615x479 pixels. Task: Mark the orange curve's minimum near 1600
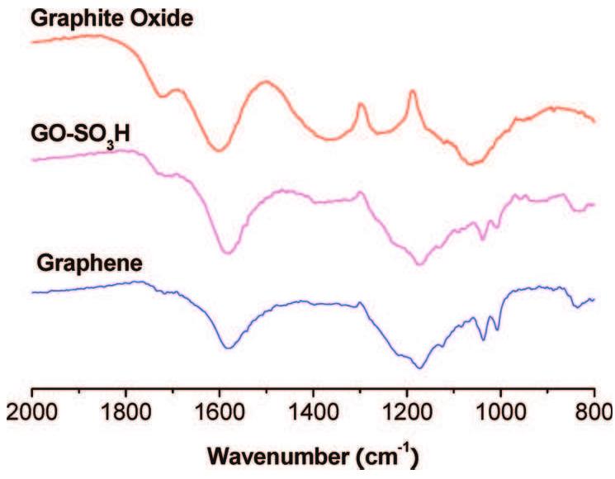219,149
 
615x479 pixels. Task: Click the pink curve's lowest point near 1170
419,263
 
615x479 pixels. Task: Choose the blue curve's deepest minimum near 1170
421,368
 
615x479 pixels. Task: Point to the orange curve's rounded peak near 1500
266,82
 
